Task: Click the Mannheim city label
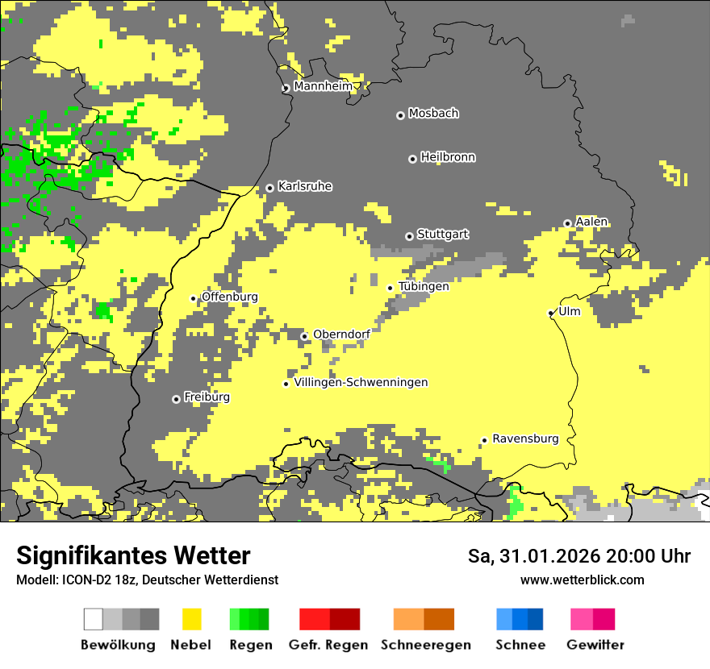pos(323,86)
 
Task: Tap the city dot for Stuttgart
pos(409,236)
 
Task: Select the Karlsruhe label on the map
pos(305,186)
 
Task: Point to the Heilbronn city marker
pos(412,159)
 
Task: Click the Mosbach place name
pos(433,114)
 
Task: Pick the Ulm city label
pos(570,311)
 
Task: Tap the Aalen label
pos(591,222)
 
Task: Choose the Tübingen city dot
pos(390,288)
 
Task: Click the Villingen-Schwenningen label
pos(361,382)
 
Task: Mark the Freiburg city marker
pos(176,399)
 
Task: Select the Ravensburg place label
pos(525,438)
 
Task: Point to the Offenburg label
pos(230,297)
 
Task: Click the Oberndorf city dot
pos(304,336)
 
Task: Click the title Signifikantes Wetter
pos(133,556)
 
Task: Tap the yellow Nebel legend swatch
pos(191,619)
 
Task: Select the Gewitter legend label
pos(595,645)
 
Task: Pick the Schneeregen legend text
pos(426,645)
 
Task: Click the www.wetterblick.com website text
pos(582,580)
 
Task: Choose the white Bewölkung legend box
pos(94,619)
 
